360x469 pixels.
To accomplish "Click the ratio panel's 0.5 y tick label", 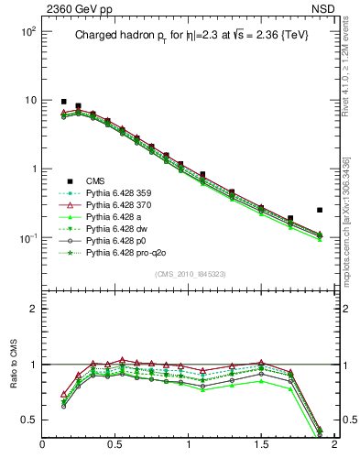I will pyautogui.click(x=27, y=420).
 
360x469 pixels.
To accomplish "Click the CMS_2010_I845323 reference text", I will pyautogui.click(x=189, y=274).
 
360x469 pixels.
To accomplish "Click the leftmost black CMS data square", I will pyautogui.click(x=63, y=102).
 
